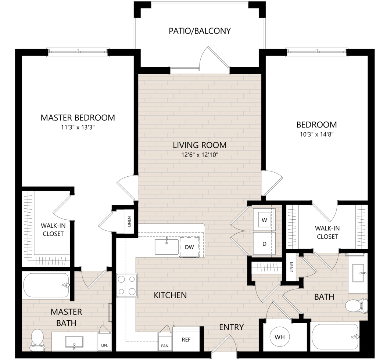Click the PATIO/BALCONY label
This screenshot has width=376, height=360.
click(x=200, y=31)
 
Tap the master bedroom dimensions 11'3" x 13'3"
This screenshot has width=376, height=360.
click(x=78, y=127)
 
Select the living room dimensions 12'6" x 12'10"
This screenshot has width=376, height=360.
click(x=200, y=155)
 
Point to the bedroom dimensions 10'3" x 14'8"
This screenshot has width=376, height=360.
click(x=317, y=134)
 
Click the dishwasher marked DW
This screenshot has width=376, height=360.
click(x=189, y=247)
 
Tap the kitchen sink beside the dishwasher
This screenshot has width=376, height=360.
click(x=166, y=246)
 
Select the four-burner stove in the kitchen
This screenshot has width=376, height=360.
click(x=127, y=285)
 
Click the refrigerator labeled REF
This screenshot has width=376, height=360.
click(x=186, y=340)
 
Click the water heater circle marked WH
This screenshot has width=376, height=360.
click(x=280, y=337)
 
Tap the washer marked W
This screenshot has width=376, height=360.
click(x=264, y=220)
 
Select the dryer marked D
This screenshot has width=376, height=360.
click(x=264, y=244)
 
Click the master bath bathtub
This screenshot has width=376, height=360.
click(x=46, y=285)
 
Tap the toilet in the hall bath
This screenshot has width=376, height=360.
click(x=357, y=306)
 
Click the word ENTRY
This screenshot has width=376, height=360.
click(x=232, y=327)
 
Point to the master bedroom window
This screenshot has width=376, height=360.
click(x=78, y=51)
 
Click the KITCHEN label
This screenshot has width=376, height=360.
click(x=170, y=295)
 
